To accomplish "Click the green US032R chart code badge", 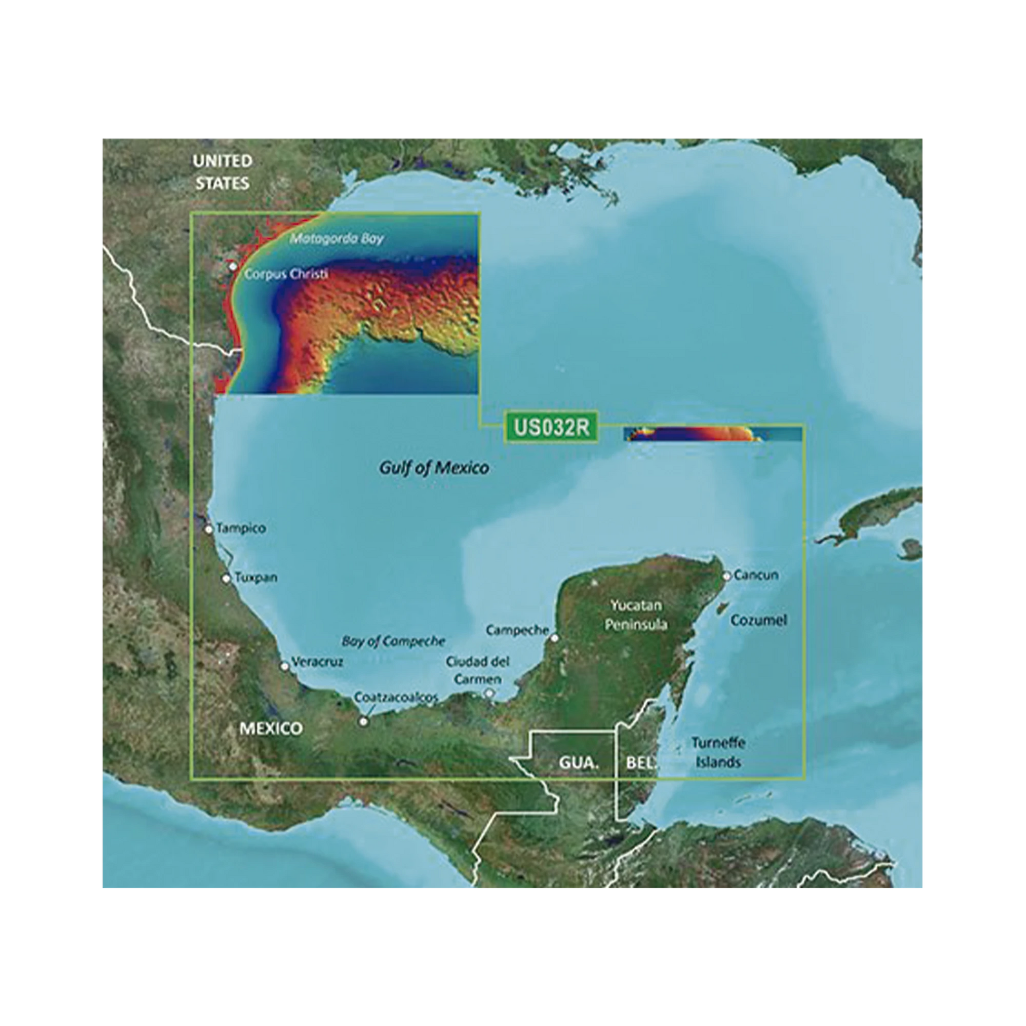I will [x=551, y=427].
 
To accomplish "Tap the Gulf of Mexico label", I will [x=434, y=468].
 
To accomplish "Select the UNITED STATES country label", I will [x=222, y=172].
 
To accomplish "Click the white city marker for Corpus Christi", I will [x=233, y=266].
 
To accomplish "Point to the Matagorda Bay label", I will [x=337, y=239].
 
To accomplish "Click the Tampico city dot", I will [x=209, y=529].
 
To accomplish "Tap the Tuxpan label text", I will [x=255, y=577].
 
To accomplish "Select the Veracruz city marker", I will [x=285, y=666].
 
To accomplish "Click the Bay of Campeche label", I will [x=393, y=642].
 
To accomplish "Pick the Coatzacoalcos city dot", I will [x=364, y=721].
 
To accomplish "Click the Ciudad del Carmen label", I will [x=478, y=670].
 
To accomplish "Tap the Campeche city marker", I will [x=555, y=638].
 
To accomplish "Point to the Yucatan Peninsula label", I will [x=636, y=614].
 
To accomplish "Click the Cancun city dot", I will [x=727, y=576].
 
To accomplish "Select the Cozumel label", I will [x=758, y=620].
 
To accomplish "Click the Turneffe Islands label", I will [x=718, y=752].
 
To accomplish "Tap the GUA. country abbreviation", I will [x=578, y=763].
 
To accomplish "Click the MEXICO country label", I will [x=271, y=728].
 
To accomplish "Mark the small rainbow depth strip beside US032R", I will [x=712, y=434].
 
